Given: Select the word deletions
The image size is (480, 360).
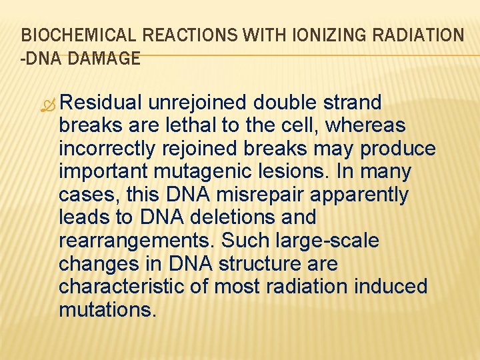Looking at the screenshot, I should coord(242,217).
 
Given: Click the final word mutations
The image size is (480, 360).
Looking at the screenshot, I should coord(107,309).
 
